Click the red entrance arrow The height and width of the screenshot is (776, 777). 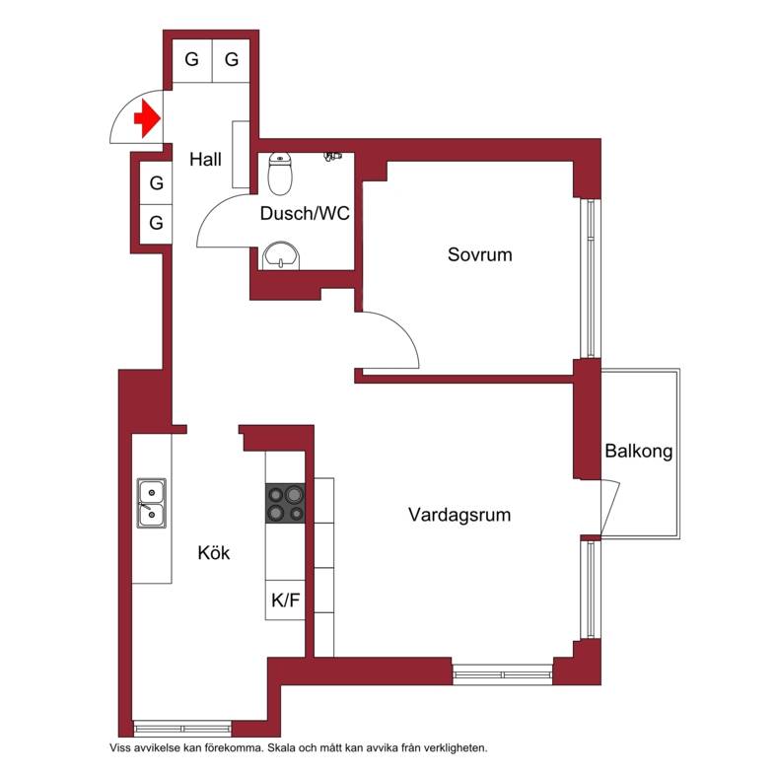pos(147,118)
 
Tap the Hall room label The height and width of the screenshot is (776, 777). pos(205,160)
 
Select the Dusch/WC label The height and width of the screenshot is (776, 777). pos(305,214)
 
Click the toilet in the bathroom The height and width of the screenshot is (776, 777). pos(280,174)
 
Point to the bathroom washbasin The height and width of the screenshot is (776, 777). pos(281,255)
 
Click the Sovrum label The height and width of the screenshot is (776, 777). pos(479,254)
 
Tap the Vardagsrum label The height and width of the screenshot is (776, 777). pos(459,515)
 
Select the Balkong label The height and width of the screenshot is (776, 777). pos(639,452)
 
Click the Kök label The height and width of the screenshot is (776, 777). pos(214,552)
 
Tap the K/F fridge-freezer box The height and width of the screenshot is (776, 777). pos(285,600)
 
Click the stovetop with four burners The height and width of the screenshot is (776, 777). pos(285,504)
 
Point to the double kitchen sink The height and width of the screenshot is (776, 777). pos(152,503)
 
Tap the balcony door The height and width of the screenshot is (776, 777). pos(610,508)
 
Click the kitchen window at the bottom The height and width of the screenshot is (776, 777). pos(182,729)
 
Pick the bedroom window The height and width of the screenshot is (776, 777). pos(591,278)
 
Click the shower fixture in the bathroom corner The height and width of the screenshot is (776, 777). pos(333,157)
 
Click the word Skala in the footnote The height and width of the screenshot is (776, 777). pos(281,748)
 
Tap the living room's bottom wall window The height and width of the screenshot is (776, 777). pos(503,674)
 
